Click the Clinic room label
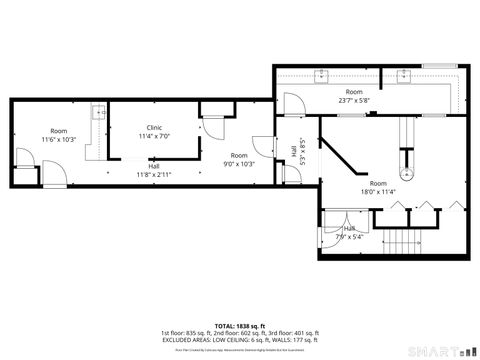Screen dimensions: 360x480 coord(154,127)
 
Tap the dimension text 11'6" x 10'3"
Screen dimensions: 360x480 coord(59,139)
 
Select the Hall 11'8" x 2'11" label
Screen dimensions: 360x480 coord(154,171)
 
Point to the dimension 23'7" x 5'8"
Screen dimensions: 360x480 coord(355,99)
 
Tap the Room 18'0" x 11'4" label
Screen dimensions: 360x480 coord(378,187)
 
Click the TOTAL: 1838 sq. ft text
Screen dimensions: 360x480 coord(239,325)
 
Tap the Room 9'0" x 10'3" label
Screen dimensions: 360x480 coord(239,159)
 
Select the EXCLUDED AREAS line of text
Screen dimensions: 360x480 coord(240,339)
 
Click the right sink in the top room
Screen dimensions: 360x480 coord(406,74)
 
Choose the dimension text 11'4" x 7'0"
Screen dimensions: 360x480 coord(154,136)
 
